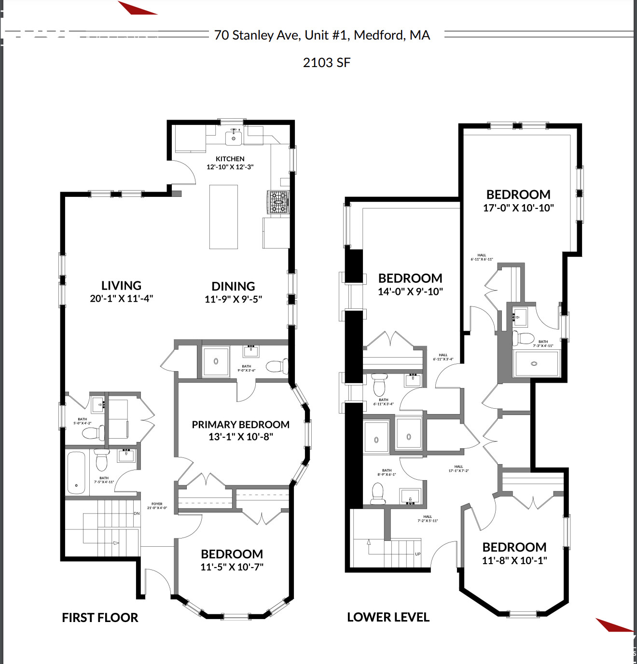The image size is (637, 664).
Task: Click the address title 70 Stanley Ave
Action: [x=322, y=35]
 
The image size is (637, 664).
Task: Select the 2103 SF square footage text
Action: [x=327, y=63]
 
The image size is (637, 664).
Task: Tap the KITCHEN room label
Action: [x=230, y=159]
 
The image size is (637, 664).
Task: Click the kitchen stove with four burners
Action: [x=278, y=202]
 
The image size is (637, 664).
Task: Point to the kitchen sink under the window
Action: [x=234, y=138]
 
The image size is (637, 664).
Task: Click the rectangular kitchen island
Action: [x=223, y=217]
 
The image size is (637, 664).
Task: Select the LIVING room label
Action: [x=121, y=286]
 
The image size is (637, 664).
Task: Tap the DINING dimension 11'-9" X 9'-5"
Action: [x=233, y=299]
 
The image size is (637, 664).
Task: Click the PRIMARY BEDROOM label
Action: [x=240, y=425]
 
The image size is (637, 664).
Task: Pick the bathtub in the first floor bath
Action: [x=76, y=472]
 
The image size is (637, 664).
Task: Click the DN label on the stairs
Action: [x=137, y=513]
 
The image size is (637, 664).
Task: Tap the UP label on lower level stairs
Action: [x=418, y=554]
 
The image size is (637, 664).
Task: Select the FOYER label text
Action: [x=157, y=504]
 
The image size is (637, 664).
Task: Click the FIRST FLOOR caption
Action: [x=100, y=618]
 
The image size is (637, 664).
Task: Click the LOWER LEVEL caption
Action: [x=388, y=617]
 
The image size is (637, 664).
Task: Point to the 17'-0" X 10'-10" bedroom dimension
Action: [x=518, y=208]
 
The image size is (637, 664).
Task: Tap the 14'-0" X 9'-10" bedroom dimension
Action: [x=410, y=291]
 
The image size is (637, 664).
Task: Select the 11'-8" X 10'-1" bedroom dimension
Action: [x=514, y=561]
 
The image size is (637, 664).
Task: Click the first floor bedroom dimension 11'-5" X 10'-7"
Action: [x=232, y=567]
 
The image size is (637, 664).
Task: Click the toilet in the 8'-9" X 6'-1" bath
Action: [x=377, y=494]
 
